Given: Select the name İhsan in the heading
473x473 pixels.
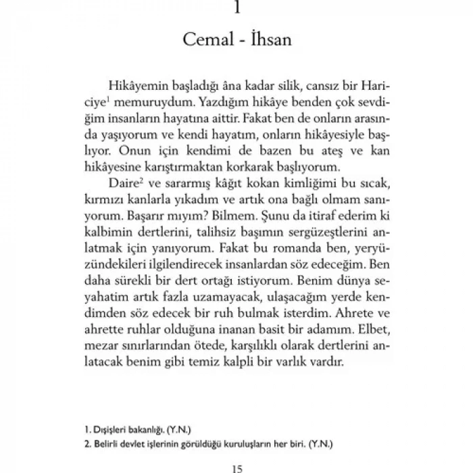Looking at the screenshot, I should pos(269,40).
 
